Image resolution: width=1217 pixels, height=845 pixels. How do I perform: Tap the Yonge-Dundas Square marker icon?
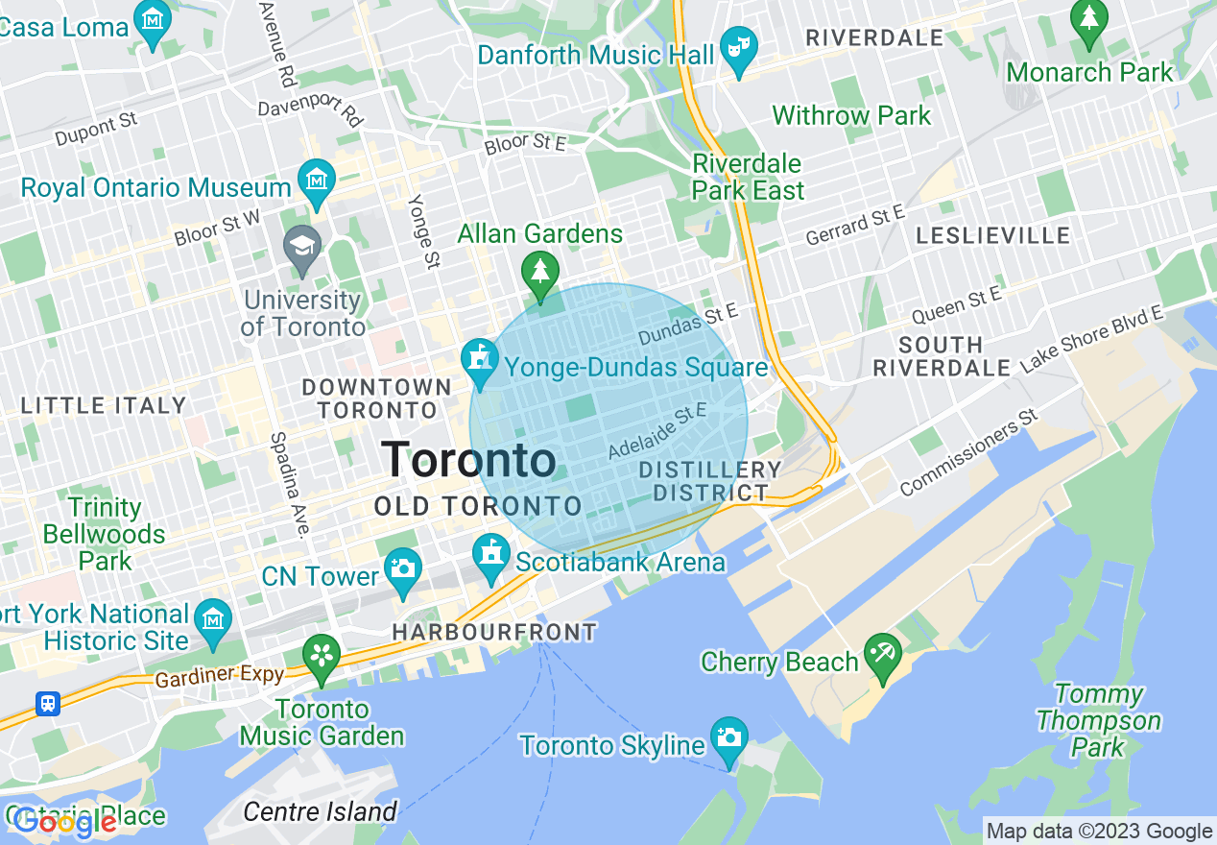tap(478, 359)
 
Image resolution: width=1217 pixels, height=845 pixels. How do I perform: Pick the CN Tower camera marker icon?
tap(402, 567)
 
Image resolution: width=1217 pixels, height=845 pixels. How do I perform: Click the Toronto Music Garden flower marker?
tap(322, 655)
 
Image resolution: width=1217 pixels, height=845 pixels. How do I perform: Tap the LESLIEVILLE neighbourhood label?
tap(992, 235)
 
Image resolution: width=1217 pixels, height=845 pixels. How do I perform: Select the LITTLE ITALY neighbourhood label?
tap(104, 405)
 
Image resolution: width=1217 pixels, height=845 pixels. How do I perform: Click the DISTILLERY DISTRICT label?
tap(710, 481)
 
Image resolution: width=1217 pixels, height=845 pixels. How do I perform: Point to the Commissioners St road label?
tap(969, 452)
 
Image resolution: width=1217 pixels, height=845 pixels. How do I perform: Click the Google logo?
tap(64, 822)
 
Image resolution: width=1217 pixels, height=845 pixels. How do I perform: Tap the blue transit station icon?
tap(47, 704)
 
